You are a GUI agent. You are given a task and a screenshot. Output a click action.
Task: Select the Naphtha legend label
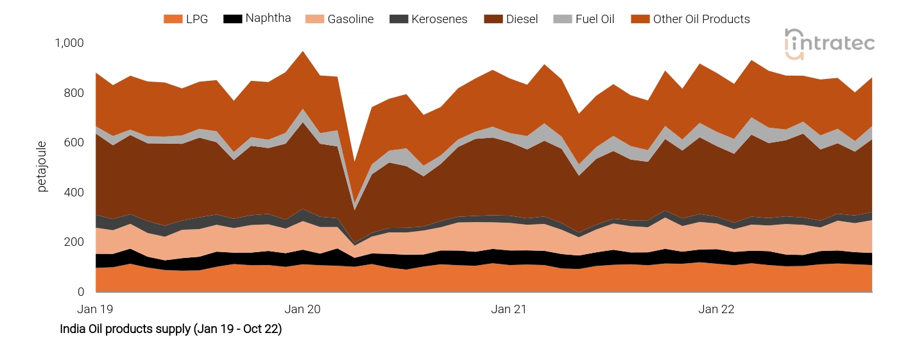pos(268,19)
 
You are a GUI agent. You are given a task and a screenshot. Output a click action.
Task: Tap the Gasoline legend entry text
pos(350,19)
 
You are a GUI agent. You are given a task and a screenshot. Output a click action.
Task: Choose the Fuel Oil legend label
pos(594,19)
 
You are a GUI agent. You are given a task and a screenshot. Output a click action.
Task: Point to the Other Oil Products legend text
pos(701,19)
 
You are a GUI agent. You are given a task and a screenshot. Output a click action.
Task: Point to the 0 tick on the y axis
pos(81,292)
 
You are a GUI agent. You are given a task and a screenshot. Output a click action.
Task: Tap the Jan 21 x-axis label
pos(509,309)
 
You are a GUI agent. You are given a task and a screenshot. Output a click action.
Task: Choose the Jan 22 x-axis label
pos(716,309)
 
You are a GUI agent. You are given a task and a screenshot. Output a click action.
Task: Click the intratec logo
pos(829,44)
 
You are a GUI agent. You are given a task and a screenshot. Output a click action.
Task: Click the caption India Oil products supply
pos(171,329)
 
